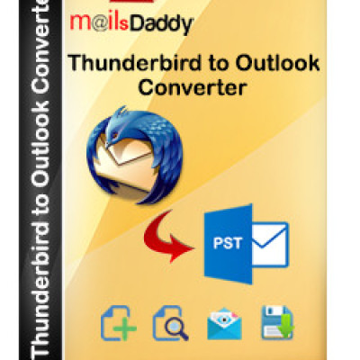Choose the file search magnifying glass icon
tap(172, 323)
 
